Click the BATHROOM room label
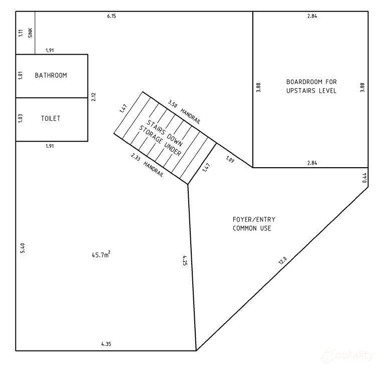pos(51,76)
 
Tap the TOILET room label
pos(51,119)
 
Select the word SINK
pos(30,34)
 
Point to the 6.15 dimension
pos(112,17)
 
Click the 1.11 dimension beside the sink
pos(21,34)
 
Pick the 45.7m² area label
pos(101,255)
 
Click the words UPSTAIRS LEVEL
pos(311,91)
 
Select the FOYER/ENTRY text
pos(254,219)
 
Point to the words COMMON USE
pos(252,228)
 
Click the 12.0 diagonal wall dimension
pos(282,260)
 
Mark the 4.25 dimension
pos(185,260)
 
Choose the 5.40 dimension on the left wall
pos(22,248)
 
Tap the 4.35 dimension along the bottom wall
pos(106,344)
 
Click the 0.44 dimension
pos(364,177)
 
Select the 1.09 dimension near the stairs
pos(230,160)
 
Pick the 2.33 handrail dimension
pos(136,157)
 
